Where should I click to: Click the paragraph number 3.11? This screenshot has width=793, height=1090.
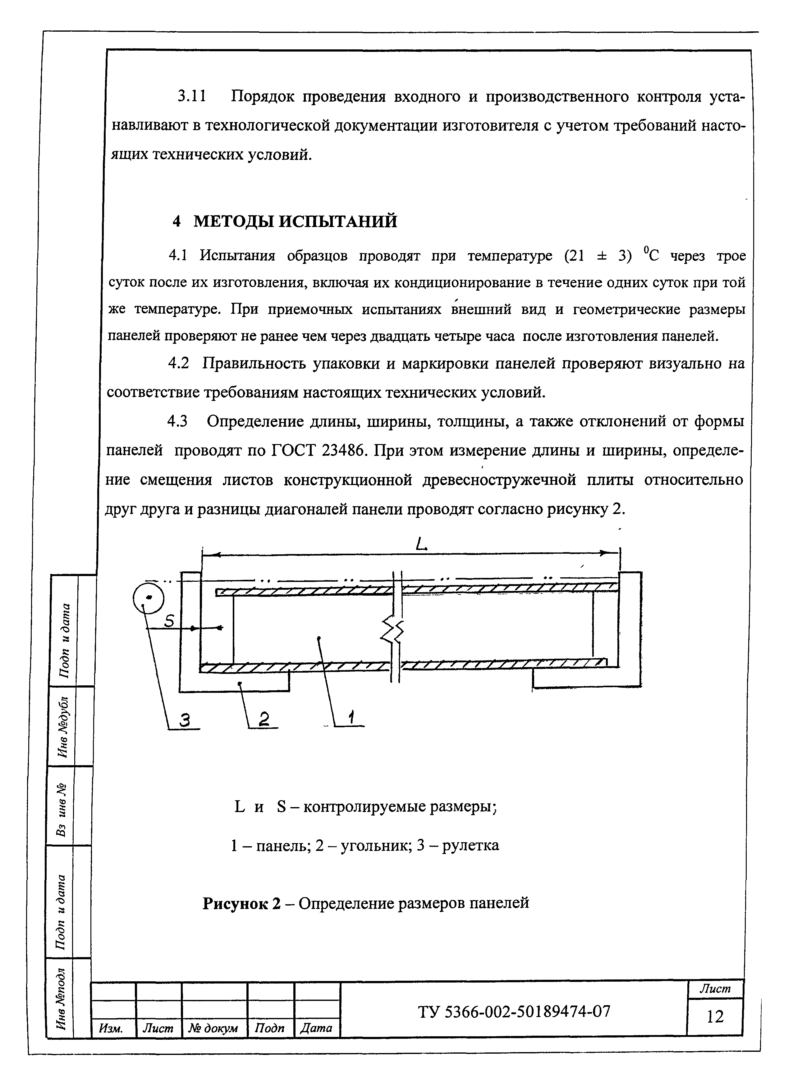click(x=192, y=97)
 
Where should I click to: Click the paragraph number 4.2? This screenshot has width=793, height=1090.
click(x=179, y=363)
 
